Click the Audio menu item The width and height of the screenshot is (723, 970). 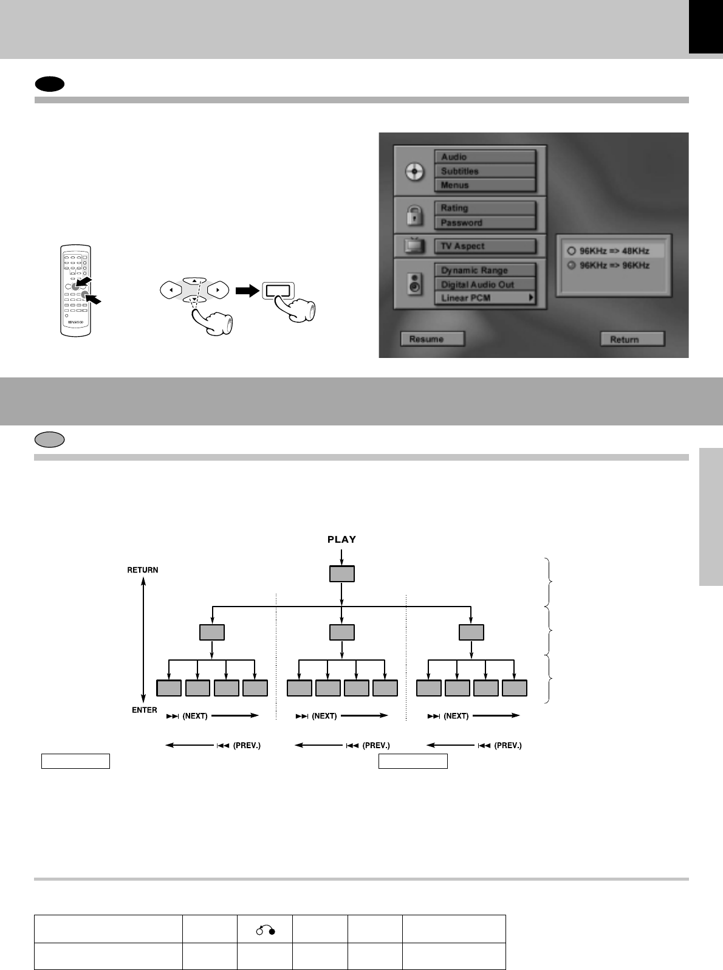pyautogui.click(x=485, y=157)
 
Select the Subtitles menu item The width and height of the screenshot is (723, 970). pyautogui.click(x=485, y=171)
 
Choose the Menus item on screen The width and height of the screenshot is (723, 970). pyautogui.click(x=485, y=185)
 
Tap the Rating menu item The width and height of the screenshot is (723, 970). pyautogui.click(x=485, y=208)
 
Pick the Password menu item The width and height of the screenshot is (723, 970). pyautogui.click(x=485, y=222)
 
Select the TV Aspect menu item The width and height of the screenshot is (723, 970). pyautogui.click(x=485, y=246)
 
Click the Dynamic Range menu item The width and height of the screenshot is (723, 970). pyautogui.click(x=485, y=270)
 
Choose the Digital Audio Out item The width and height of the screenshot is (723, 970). pyautogui.click(x=485, y=284)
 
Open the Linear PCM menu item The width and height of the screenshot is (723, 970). pyautogui.click(x=485, y=298)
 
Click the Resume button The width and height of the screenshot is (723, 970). pyautogui.click(x=432, y=339)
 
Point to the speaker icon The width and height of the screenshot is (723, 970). pyautogui.click(x=414, y=284)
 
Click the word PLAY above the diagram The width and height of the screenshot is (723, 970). pyautogui.click(x=342, y=539)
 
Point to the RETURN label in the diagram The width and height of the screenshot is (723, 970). pyautogui.click(x=142, y=570)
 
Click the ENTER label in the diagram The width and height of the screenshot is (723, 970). pyautogui.click(x=144, y=710)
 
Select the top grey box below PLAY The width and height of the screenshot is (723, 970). pyautogui.click(x=342, y=574)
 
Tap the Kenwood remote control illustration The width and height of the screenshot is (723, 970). pyautogui.click(x=75, y=291)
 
